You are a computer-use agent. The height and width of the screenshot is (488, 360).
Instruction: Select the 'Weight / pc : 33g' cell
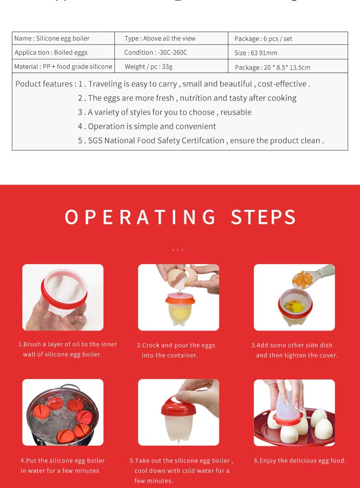[148, 67]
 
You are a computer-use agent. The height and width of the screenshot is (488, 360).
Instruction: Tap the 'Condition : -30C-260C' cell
[156, 52]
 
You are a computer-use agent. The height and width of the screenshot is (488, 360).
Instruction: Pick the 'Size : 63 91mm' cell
[256, 53]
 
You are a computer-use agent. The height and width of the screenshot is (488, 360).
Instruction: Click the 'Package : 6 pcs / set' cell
[263, 38]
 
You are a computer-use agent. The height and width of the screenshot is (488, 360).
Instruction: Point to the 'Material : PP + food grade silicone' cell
[63, 67]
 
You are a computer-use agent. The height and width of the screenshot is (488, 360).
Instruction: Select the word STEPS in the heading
[264, 217]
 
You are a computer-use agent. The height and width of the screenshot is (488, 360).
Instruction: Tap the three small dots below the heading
[178, 250]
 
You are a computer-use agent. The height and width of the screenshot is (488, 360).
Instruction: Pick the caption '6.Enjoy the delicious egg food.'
[300, 461]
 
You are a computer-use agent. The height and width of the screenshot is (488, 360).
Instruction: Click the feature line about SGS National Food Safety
[201, 141]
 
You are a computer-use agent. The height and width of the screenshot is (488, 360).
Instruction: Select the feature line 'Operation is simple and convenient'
[147, 126]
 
